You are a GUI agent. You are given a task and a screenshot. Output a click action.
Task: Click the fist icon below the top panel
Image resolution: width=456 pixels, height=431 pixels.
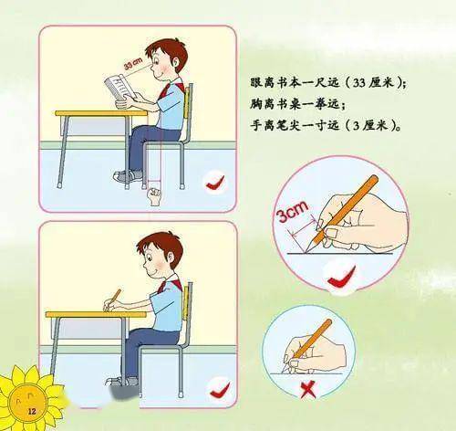tap(155, 196)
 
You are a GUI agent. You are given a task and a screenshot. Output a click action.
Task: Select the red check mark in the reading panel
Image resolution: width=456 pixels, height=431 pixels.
tap(215, 183)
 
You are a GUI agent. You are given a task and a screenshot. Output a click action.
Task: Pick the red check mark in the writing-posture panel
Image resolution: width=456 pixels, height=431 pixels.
tap(220, 390)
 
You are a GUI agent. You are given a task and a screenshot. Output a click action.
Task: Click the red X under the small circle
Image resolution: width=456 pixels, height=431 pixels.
tap(308, 390)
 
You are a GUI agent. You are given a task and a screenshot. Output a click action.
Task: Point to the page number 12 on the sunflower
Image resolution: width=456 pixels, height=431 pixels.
tap(32, 412)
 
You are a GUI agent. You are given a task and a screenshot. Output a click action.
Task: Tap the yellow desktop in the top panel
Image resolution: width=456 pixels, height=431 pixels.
tap(101, 113)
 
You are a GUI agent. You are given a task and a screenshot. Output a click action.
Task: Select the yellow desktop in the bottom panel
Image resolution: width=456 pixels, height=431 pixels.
tap(96, 314)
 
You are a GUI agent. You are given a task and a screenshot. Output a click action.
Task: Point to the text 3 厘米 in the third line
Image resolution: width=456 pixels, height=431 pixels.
tap(372, 125)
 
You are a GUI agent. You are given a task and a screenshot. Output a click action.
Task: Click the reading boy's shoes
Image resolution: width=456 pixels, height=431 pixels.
tap(128, 176)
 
